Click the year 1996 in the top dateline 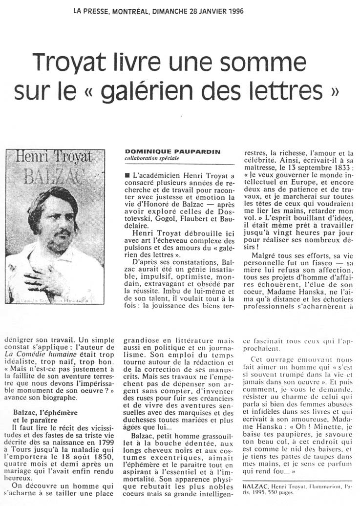pos(233,10)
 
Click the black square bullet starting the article pos(127,174)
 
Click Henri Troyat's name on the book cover pos(54,157)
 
